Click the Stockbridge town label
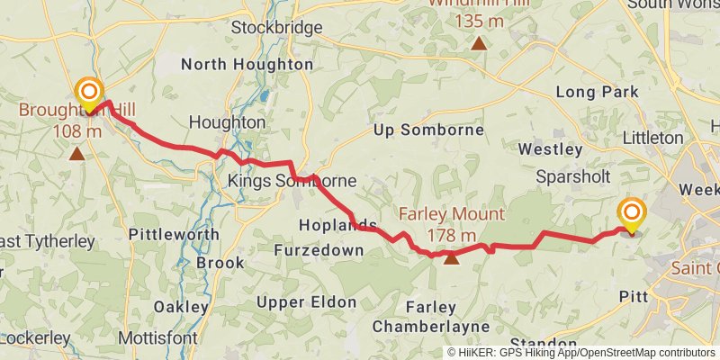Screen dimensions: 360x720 point(276,28)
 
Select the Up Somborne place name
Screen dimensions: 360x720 point(428,130)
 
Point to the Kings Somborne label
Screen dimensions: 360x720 point(292,181)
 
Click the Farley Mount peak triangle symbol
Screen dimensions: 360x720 point(451,260)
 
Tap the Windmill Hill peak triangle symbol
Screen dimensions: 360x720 point(480,43)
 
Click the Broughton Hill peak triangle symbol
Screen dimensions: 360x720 point(77,154)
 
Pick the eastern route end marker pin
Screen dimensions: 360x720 point(632,215)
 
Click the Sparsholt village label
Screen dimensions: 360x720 point(573,176)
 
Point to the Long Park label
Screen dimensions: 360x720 point(597,92)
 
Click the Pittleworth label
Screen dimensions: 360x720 point(174,234)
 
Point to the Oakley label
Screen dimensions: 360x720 point(181,306)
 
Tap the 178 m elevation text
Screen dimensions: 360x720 point(451,236)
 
